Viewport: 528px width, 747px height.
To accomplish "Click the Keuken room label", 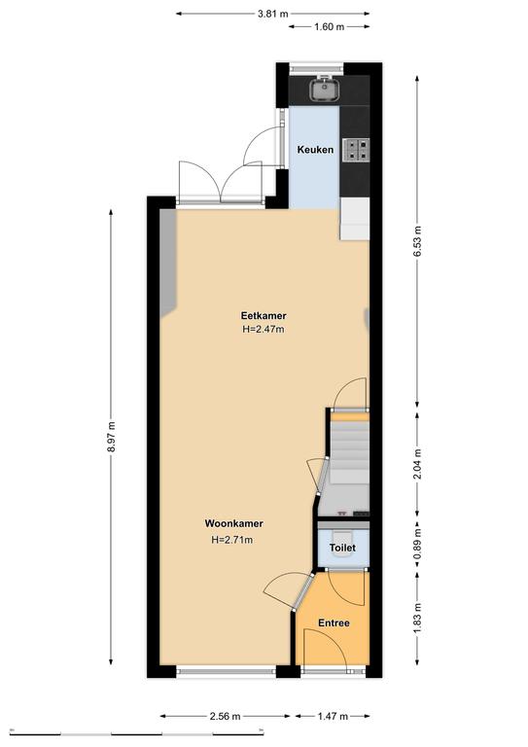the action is pos(315,150).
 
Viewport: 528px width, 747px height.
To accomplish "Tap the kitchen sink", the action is pos(325,89).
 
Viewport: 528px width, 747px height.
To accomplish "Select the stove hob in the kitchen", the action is pos(356,149).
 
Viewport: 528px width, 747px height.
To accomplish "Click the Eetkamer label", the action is pos(264,315).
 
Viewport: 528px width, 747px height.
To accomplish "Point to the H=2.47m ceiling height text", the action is pos(264,329).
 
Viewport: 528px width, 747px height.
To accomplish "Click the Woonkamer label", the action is pos(233,523).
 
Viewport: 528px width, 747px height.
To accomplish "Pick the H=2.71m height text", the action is pos(231,540).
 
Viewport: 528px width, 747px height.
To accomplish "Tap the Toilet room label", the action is pos(342,548).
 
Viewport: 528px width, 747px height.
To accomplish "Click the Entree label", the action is pos(334,622).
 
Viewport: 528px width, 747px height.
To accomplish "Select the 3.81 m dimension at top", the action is pos(273,14).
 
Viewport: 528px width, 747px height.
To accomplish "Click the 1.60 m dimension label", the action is pos(329,26).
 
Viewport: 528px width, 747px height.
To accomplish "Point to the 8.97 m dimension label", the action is pos(111,437).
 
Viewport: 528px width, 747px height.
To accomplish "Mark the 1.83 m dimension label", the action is pos(417,619).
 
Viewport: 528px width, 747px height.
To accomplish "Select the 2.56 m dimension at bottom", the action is pos(225,716).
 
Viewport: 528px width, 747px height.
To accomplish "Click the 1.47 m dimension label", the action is pos(333,716).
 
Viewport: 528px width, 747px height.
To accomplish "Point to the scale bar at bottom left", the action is pos(137,731).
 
